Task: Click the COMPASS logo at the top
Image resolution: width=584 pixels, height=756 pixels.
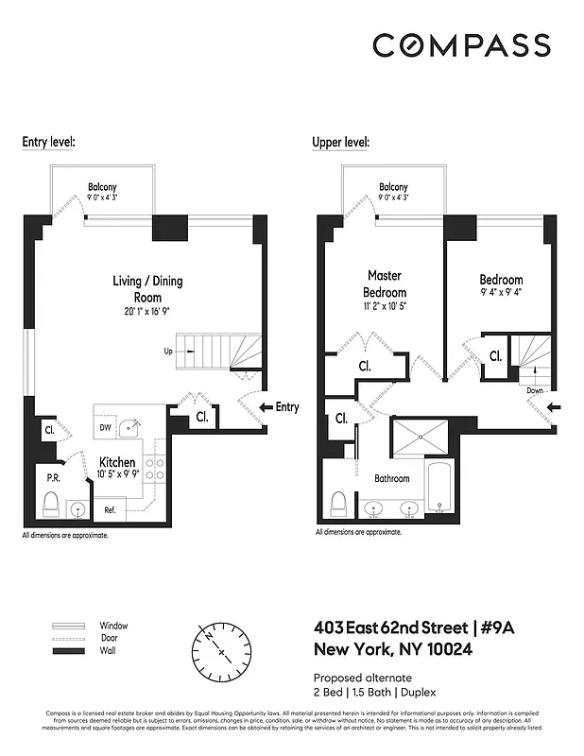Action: (x=461, y=45)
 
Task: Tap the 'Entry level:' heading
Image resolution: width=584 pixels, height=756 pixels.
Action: (x=48, y=142)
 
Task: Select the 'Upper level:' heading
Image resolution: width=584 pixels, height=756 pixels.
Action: (x=340, y=142)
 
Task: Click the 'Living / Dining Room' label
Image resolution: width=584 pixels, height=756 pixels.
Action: (x=147, y=289)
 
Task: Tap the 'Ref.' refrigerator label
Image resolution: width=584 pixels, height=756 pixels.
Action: (x=110, y=510)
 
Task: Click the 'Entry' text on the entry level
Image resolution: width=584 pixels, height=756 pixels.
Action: (x=286, y=407)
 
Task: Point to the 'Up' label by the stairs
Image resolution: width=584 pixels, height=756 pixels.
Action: (x=168, y=352)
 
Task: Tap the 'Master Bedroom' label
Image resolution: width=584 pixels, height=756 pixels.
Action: (x=384, y=283)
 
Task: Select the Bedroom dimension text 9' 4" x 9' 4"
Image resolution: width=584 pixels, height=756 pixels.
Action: (x=501, y=294)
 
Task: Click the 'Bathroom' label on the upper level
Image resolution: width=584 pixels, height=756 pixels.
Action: (x=391, y=478)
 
